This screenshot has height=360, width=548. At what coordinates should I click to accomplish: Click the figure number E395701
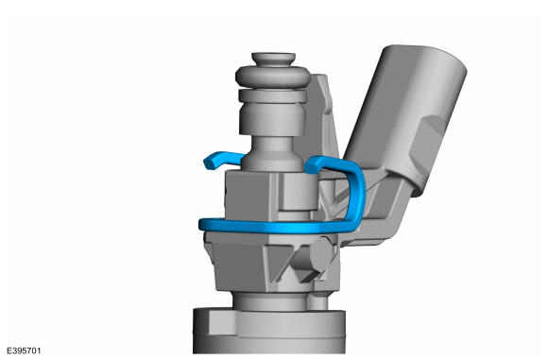pyautogui.click(x=24, y=351)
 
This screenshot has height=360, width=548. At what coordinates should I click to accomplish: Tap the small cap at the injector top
pyautogui.click(x=273, y=59)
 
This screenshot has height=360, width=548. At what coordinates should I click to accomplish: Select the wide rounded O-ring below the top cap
pyautogui.click(x=273, y=77)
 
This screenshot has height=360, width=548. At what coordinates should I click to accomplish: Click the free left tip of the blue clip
pyautogui.click(x=209, y=163)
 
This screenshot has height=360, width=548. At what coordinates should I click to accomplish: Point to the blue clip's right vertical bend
pyautogui.click(x=357, y=196)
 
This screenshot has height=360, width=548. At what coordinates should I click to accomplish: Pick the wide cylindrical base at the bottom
pyautogui.click(x=269, y=331)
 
